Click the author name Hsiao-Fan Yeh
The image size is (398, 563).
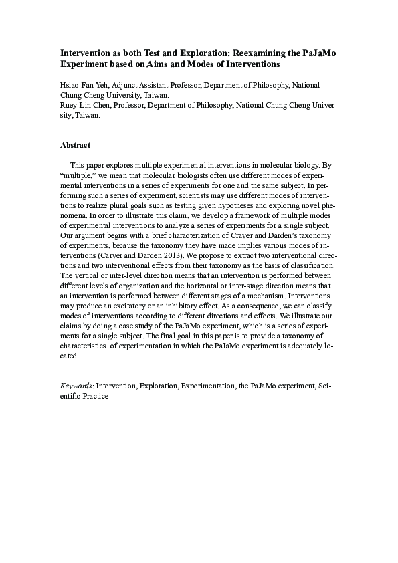pos(82,86)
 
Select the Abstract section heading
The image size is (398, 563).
pos(75,144)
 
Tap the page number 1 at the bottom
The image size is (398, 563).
pos(199,526)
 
